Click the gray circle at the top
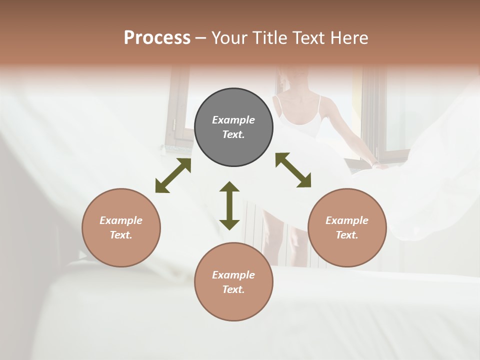(x=233, y=127)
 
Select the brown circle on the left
(x=121, y=228)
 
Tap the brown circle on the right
(x=347, y=228)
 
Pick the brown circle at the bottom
(x=233, y=282)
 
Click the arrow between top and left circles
(x=173, y=175)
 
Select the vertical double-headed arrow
(x=229, y=205)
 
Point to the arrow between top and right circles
(x=293, y=170)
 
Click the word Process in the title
(x=157, y=37)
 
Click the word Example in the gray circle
(x=233, y=120)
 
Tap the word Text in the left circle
(x=121, y=235)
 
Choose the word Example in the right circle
(x=347, y=220)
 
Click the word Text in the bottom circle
(x=233, y=289)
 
